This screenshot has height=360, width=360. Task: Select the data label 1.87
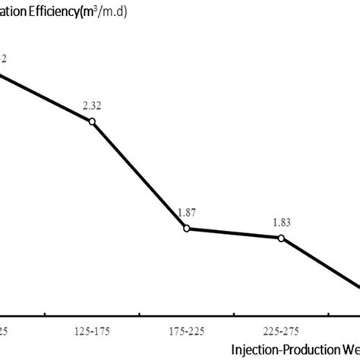186,215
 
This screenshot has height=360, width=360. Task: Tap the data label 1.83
281,223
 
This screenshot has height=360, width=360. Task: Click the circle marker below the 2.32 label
92,122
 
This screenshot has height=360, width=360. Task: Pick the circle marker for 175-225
187,228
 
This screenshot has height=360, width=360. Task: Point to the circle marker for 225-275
281,238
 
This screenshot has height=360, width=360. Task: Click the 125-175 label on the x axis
92,331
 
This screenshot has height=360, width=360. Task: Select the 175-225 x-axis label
187,331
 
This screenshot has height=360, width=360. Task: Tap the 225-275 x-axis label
281,331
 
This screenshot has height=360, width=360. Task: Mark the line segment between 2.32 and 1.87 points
140,175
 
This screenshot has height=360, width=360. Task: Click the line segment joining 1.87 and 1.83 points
234,233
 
